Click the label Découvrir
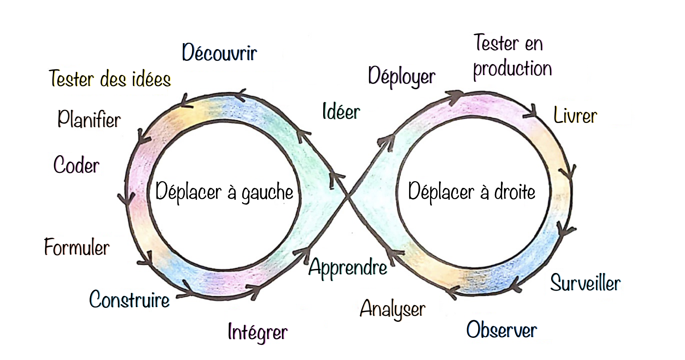pos(219,53)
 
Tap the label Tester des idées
pos(110,79)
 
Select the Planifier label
pos(89,120)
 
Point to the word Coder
pos(76,165)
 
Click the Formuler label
pos(77,247)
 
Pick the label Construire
pos(129,300)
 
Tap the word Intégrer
pos(258,332)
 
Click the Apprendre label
pos(348,267)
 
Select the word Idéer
pos(341,112)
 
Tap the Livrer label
pos(575,116)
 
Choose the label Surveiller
pos(585,283)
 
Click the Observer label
pos(502,330)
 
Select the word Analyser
pos(393,309)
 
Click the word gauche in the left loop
pos(267,193)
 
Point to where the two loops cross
pos(348,195)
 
